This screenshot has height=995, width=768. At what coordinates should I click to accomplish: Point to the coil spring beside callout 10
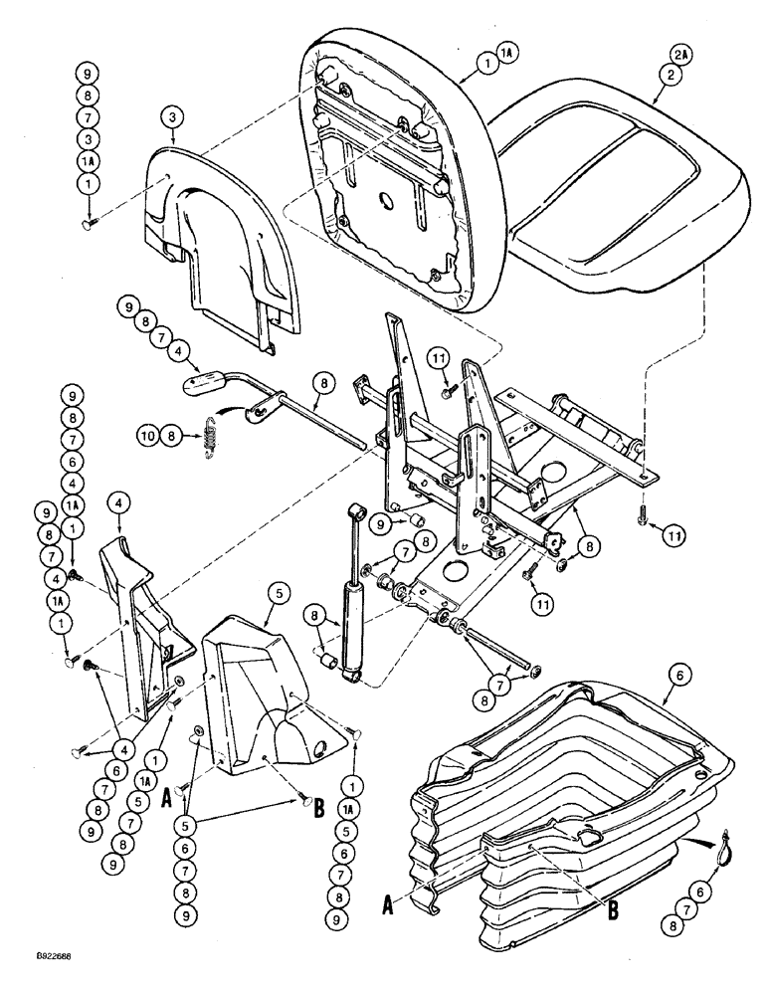(x=211, y=438)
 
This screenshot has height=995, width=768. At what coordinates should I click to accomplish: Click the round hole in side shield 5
(x=320, y=747)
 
